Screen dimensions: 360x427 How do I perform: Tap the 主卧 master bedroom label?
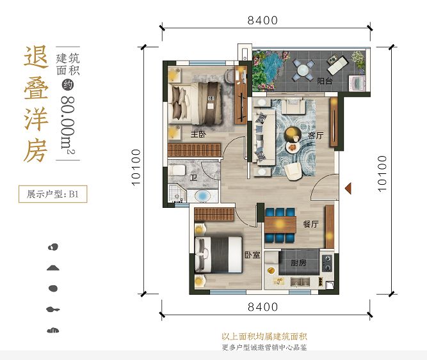tap(197, 134)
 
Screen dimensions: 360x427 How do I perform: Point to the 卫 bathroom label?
tap(193, 177)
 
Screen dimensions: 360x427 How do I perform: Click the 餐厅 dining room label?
tap(311, 224)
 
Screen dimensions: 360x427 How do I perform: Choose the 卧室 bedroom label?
tap(252, 254)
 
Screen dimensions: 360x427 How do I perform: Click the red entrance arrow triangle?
tap(348, 188)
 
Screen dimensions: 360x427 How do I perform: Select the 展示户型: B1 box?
tap(52, 194)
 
